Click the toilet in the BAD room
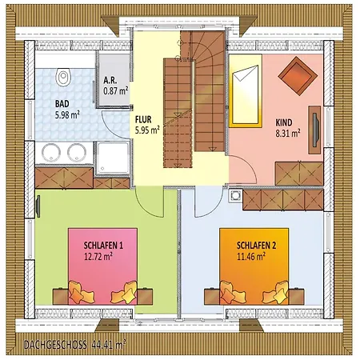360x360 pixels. coord(63,77)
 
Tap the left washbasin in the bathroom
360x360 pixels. coord(51,153)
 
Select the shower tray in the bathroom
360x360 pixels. coord(113,158)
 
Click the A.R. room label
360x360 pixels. coord(110,80)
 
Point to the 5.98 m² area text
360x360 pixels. coord(67,115)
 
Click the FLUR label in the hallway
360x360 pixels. coord(143,119)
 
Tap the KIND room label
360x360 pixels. coord(284,122)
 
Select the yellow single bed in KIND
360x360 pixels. coord(246,90)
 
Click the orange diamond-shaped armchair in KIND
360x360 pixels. coord(298,76)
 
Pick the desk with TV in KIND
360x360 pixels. coord(314,130)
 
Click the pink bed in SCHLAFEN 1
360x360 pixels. coord(102,266)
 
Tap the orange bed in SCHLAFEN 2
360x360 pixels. coord(254,266)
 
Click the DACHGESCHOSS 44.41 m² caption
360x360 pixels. coord(74,345)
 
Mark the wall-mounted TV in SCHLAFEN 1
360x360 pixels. coord(38,206)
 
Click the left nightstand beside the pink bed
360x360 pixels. coord(61,297)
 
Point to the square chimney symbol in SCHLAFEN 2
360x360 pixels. coord(235,196)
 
